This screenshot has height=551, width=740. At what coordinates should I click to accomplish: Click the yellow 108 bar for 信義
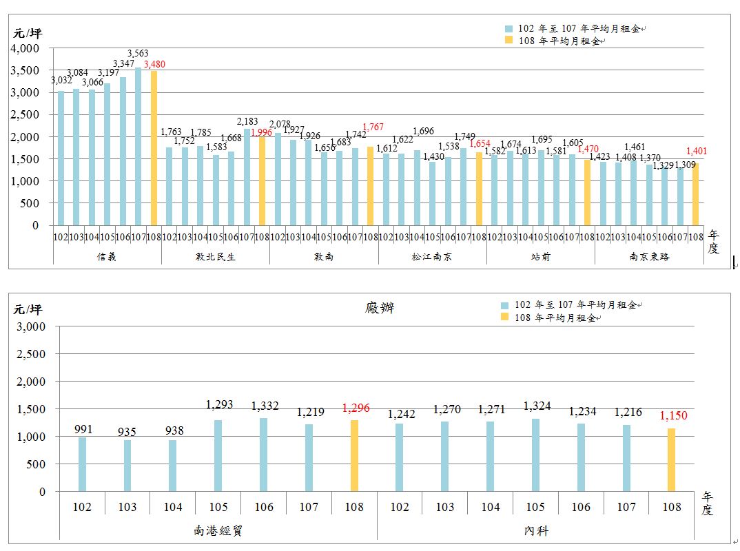154,148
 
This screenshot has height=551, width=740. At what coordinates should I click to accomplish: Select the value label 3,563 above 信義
138,54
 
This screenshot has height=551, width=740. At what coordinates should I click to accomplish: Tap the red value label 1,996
261,132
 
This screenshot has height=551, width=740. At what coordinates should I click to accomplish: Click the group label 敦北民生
215,256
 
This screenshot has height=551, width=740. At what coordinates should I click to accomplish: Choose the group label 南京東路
648,256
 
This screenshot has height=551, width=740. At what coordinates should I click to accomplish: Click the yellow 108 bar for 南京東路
695,194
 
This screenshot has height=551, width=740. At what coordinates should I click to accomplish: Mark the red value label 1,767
372,127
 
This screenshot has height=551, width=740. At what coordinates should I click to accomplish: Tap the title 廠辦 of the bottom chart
380,308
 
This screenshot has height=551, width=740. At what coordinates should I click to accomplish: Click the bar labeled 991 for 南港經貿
83,464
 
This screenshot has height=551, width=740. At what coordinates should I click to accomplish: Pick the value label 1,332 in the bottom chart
265,406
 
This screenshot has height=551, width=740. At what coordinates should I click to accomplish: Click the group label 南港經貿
218,530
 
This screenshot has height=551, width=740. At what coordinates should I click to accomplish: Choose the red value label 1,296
356,408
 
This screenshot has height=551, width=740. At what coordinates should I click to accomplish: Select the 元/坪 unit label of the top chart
27,33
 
